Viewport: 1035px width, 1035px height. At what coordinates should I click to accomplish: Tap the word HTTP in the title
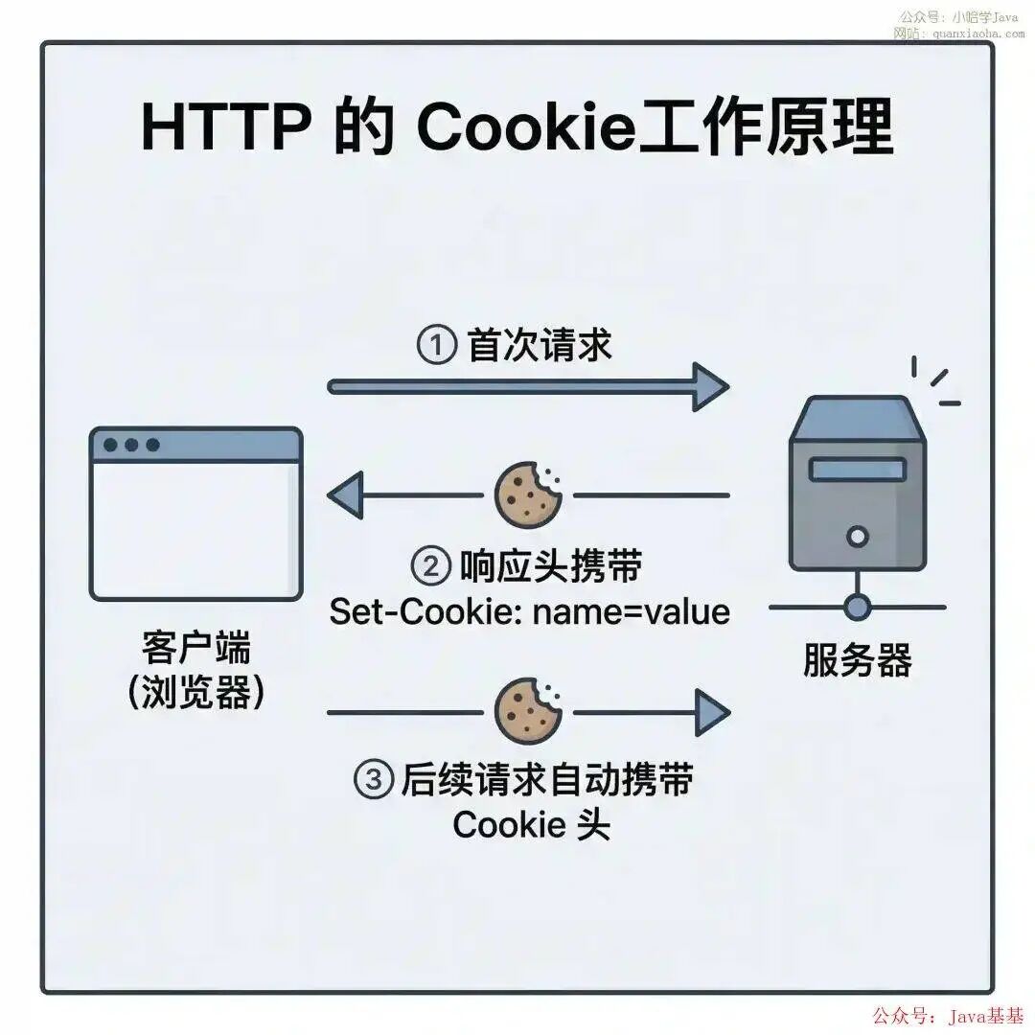226,126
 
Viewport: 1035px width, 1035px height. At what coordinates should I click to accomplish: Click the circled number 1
437,344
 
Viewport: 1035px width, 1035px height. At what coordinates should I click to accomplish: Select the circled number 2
431,566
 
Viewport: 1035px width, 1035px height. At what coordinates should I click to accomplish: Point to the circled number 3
375,779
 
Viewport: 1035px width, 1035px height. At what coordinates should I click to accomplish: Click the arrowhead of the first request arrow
710,387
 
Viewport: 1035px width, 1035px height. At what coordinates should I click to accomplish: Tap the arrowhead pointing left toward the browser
345,495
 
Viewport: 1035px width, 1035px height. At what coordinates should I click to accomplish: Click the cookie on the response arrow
528,494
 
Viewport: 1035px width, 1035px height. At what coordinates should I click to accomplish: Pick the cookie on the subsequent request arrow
528,711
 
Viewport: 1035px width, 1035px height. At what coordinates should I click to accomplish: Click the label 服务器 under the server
858,660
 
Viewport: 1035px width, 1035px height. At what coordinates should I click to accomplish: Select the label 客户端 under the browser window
196,648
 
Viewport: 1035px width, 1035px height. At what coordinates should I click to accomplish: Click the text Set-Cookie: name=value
529,611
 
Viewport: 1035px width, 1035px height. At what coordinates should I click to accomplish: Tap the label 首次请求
540,345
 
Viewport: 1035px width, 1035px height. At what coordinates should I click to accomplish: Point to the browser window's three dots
131,445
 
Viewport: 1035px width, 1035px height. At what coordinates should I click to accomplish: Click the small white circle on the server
858,536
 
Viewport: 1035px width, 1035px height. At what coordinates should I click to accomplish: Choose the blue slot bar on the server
858,470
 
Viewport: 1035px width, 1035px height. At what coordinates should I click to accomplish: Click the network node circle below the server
858,607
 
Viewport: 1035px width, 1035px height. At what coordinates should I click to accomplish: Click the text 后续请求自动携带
547,779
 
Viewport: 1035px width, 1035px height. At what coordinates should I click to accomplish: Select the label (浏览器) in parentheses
196,692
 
